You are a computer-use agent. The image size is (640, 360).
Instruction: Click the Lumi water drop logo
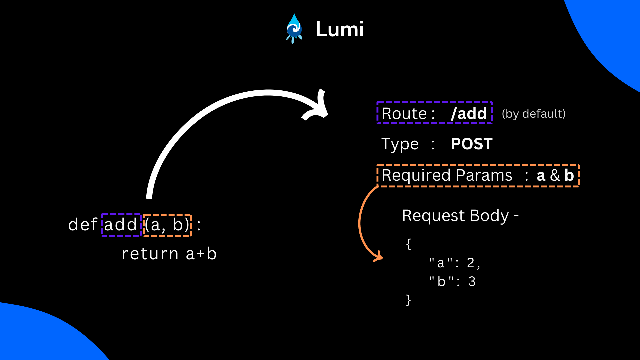pyautogui.click(x=294, y=29)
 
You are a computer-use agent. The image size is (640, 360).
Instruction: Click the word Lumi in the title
pyautogui.click(x=339, y=29)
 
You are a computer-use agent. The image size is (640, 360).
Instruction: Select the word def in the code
pyautogui.click(x=83, y=225)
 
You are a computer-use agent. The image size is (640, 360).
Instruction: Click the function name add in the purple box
pyautogui.click(x=121, y=225)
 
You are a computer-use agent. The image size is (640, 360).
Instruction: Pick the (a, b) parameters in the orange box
pyautogui.click(x=167, y=225)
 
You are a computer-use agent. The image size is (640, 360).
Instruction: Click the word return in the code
pyautogui.click(x=150, y=254)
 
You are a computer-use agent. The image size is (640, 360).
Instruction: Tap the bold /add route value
pyautogui.click(x=469, y=113)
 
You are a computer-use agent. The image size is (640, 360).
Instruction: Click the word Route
pyautogui.click(x=404, y=114)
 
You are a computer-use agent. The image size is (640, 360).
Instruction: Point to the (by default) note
pyautogui.click(x=533, y=114)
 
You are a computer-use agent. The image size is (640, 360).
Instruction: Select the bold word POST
pyautogui.click(x=471, y=144)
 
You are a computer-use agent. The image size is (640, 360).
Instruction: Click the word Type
pyautogui.click(x=400, y=144)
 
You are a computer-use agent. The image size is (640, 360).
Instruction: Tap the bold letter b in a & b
pyautogui.click(x=569, y=175)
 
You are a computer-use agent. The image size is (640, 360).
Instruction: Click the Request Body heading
pyautogui.click(x=460, y=216)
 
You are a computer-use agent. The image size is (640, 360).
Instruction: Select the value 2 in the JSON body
pyautogui.click(x=470, y=263)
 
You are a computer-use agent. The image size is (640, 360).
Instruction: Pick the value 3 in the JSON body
pyautogui.click(x=472, y=282)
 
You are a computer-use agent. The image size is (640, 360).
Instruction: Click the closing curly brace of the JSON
pyautogui.click(x=408, y=300)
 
